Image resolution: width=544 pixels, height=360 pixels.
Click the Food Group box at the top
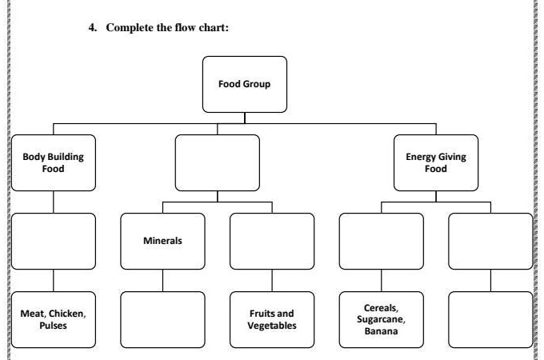click(244, 84)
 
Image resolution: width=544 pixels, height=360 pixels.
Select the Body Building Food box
click(53, 162)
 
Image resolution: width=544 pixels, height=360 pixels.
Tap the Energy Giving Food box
click(435, 162)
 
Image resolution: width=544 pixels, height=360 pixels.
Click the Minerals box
click(162, 241)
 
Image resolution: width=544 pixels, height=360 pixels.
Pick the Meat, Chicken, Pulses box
click(53, 319)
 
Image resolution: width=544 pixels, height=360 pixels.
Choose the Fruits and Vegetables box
click(271, 319)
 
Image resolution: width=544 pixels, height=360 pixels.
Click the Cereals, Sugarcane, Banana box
click(381, 319)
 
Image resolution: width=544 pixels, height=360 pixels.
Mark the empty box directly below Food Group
click(217, 162)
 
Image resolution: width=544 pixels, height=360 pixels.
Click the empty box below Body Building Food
click(53, 241)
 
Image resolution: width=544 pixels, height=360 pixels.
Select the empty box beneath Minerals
click(162, 319)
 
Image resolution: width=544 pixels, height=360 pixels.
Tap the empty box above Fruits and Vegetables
click(271, 241)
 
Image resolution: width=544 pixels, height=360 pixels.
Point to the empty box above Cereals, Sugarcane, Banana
click(381, 241)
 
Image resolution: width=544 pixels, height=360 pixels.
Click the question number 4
click(90, 27)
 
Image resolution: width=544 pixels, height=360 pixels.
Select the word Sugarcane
click(381, 319)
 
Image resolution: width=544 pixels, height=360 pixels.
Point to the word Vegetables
click(272, 326)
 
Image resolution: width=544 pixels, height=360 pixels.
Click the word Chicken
click(66, 314)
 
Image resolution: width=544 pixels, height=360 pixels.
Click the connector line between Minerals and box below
click(162, 280)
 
